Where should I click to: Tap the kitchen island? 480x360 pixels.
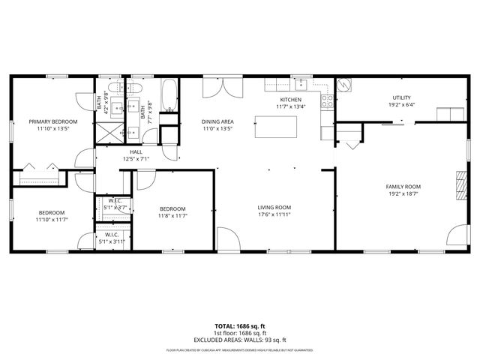274,126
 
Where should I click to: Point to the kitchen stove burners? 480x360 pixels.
328,100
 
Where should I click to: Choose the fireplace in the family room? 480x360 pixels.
460,182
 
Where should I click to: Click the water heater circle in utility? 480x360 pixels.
343,85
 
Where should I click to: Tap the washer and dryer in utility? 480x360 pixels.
451,113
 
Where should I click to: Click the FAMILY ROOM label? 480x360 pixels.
403,187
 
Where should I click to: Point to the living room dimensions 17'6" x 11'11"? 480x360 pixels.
274,215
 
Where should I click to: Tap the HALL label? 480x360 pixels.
136,151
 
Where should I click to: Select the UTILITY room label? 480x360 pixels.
403,97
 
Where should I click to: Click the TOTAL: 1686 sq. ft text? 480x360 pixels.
239,327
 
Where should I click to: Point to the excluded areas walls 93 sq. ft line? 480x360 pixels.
239,339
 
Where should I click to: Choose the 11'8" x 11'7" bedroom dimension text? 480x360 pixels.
172,215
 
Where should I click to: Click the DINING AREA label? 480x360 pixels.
217,121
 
